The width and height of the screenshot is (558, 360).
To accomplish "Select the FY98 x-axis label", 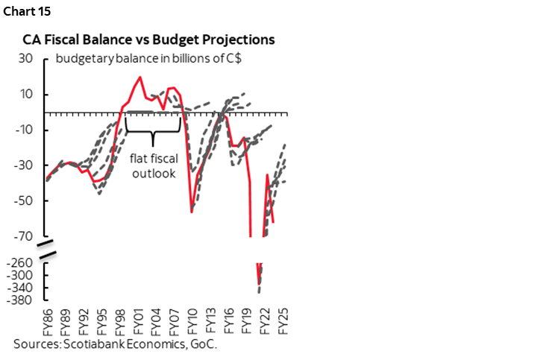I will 119,323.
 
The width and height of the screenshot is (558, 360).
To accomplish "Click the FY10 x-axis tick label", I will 192,323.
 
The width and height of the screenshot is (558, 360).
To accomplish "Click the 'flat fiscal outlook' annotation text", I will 153,165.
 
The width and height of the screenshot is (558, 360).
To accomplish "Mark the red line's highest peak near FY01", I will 140,77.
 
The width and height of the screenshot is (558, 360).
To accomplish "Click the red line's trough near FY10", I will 192,212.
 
